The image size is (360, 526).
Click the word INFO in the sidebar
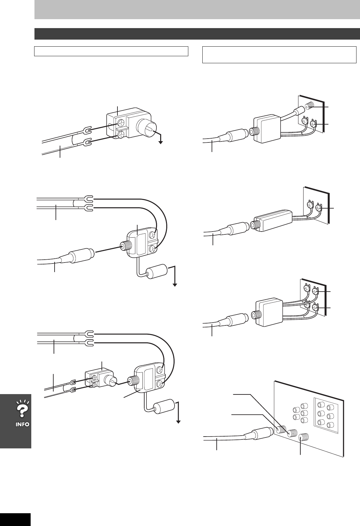point(21,424)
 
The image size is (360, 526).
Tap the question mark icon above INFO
point(21,410)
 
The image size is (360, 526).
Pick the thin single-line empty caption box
point(111,51)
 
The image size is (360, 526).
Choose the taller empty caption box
point(279,55)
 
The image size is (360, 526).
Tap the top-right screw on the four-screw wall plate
point(315,291)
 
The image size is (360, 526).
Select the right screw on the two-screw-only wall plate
point(318,209)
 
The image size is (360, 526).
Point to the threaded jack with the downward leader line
point(301,437)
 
